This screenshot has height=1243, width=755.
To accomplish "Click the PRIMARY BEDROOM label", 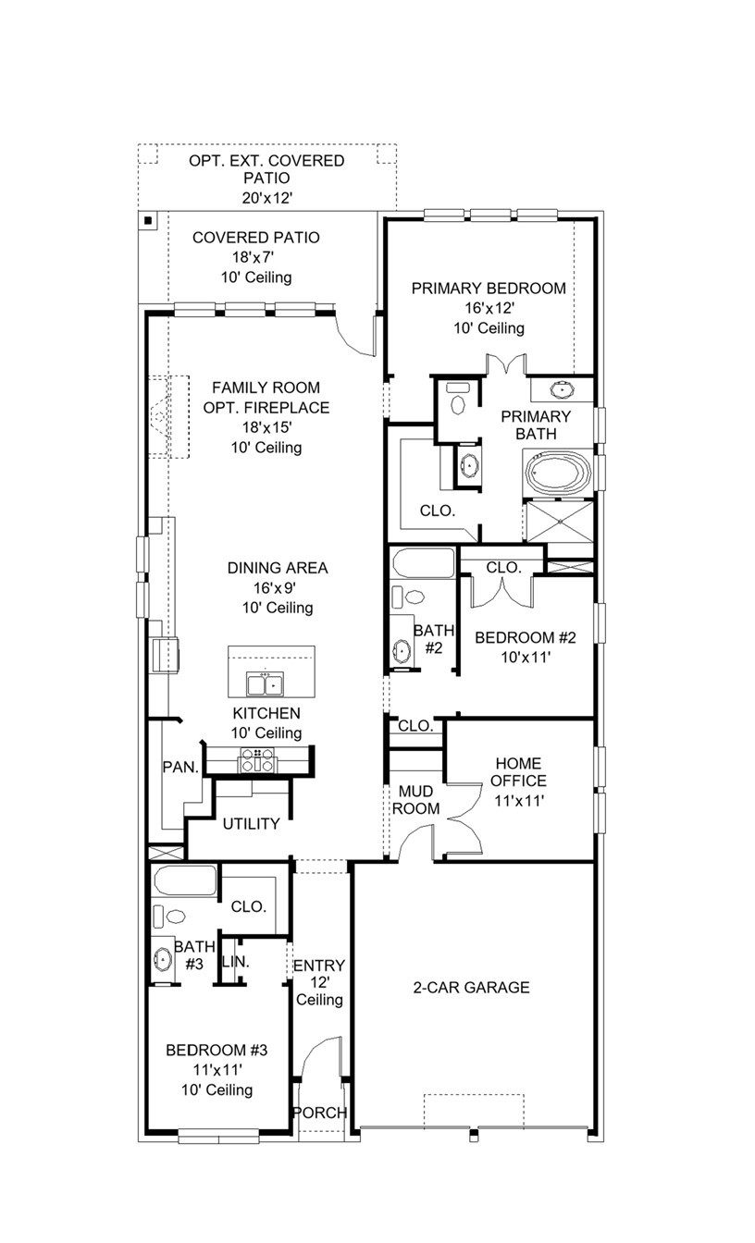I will coord(489,289).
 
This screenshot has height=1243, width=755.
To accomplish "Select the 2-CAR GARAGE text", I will coord(471,988).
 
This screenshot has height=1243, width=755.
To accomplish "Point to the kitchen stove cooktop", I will coord(257,759).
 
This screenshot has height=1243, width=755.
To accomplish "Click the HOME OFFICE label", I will coord(519,772).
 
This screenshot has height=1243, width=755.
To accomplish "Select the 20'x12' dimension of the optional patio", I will coord(266,197).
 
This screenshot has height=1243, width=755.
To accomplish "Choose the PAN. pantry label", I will coord(178,767).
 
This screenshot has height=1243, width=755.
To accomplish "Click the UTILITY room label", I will coord(251,824).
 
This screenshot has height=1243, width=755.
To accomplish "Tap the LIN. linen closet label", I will coord(236,963).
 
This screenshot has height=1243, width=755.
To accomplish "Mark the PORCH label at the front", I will coord(320,1113).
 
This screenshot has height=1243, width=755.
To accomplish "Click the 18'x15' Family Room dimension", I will coord(266,427).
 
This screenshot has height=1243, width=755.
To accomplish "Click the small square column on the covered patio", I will coord(148,220).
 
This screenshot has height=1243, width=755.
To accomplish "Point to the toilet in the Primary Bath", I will coord(456,399).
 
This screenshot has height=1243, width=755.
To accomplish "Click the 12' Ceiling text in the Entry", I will coord(320,991).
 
